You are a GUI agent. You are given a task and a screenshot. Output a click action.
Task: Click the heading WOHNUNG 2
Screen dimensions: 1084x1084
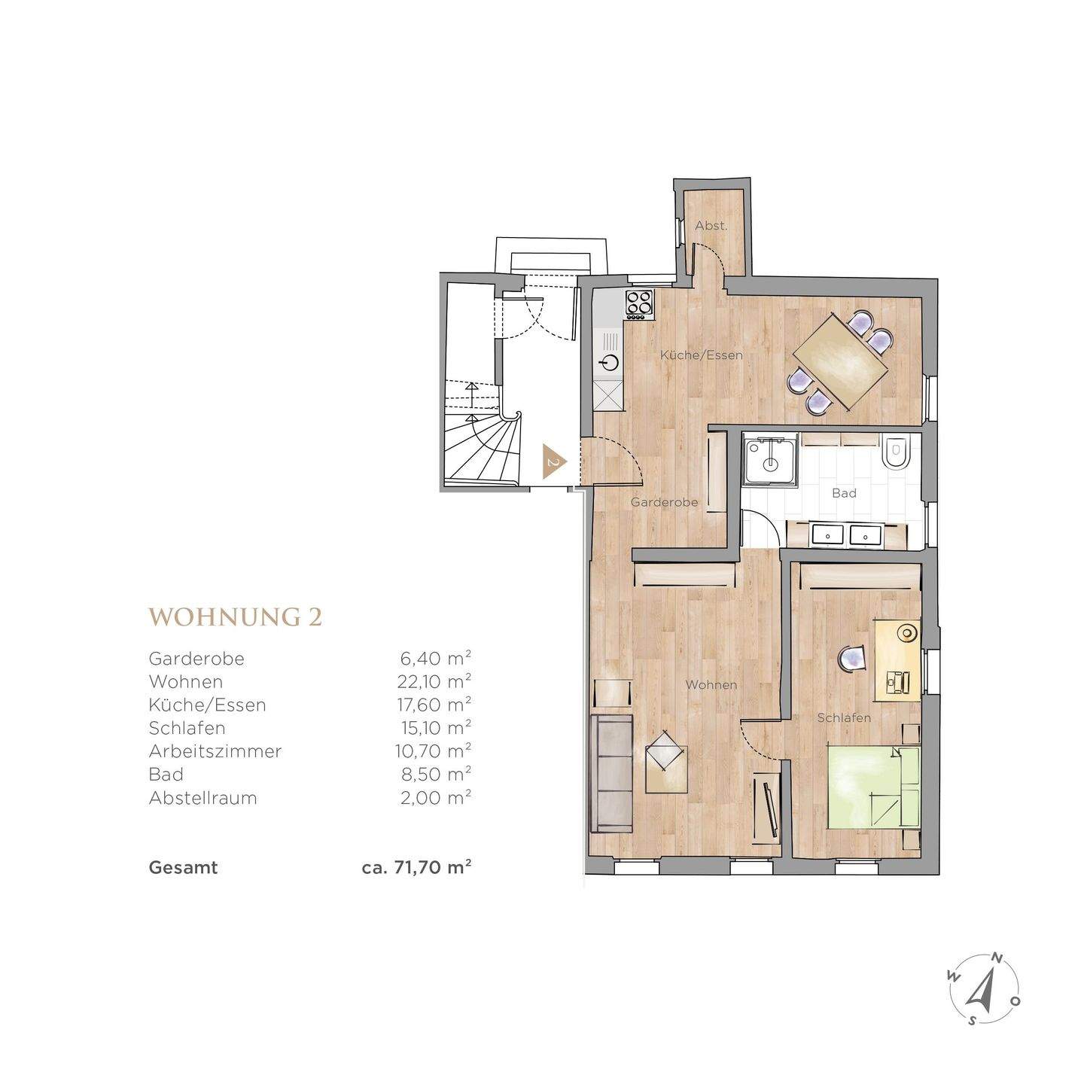click(235, 617)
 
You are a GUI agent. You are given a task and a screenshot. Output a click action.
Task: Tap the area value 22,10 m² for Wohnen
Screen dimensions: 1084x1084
click(435, 681)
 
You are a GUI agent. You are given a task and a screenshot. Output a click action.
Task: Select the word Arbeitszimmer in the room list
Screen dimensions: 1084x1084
click(215, 751)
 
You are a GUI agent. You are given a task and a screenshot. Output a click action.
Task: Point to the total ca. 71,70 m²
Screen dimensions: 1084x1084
click(416, 867)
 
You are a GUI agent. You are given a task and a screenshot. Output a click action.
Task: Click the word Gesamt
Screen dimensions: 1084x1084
click(183, 867)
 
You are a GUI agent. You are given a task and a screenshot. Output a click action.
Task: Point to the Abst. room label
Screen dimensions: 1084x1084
click(711, 226)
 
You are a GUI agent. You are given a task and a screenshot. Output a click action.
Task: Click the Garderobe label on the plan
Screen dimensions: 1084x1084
click(664, 502)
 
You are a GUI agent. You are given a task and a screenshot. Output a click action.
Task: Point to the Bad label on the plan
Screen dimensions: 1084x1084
click(844, 493)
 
